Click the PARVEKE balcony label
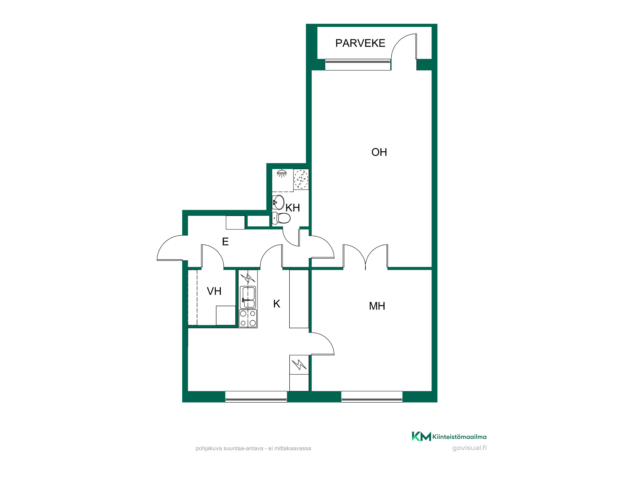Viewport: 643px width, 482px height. (360, 43)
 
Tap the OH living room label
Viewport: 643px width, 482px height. (379, 152)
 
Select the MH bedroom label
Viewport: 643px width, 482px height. (377, 306)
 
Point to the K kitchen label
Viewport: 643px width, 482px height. (276, 304)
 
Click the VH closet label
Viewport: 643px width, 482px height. (214, 291)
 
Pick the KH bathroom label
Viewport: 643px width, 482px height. (293, 208)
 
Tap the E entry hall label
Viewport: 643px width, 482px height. (225, 242)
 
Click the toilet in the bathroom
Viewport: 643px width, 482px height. (281, 218)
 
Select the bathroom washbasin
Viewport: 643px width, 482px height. (278, 202)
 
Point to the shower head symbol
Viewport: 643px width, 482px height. (282, 174)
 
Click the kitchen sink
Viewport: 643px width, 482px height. (248, 298)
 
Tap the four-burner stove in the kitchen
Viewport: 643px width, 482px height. (248, 318)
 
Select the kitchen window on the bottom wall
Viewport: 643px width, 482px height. (256, 397)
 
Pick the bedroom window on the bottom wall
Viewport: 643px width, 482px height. (372, 397)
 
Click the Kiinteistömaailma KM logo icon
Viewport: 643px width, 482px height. (421, 436)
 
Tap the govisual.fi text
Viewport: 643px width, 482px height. (469, 448)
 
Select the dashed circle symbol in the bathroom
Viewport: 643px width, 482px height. (301, 179)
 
